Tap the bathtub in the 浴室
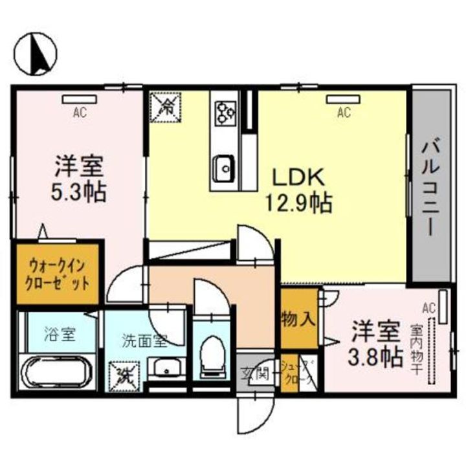click(58, 372)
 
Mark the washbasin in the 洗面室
click(166, 368)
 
